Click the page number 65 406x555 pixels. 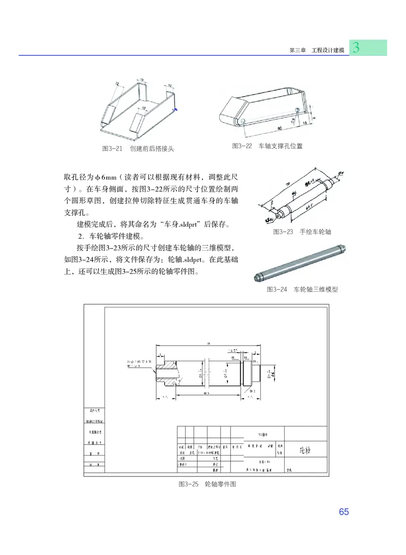pyautogui.click(x=344, y=512)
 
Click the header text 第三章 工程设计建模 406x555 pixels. pyautogui.click(x=316, y=51)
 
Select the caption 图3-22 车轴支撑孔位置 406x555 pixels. pyautogui.click(x=267, y=146)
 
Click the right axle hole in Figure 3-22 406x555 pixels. pyautogui.click(x=297, y=109)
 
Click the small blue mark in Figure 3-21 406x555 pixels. pyautogui.click(x=176, y=108)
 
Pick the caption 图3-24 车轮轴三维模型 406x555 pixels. pyautogui.click(x=302, y=290)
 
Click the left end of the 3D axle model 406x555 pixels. pyautogui.click(x=257, y=277)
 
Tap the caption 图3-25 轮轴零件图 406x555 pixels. pyautogui.click(x=208, y=484)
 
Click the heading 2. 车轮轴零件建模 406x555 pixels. pyautogui.click(x=111, y=236)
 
